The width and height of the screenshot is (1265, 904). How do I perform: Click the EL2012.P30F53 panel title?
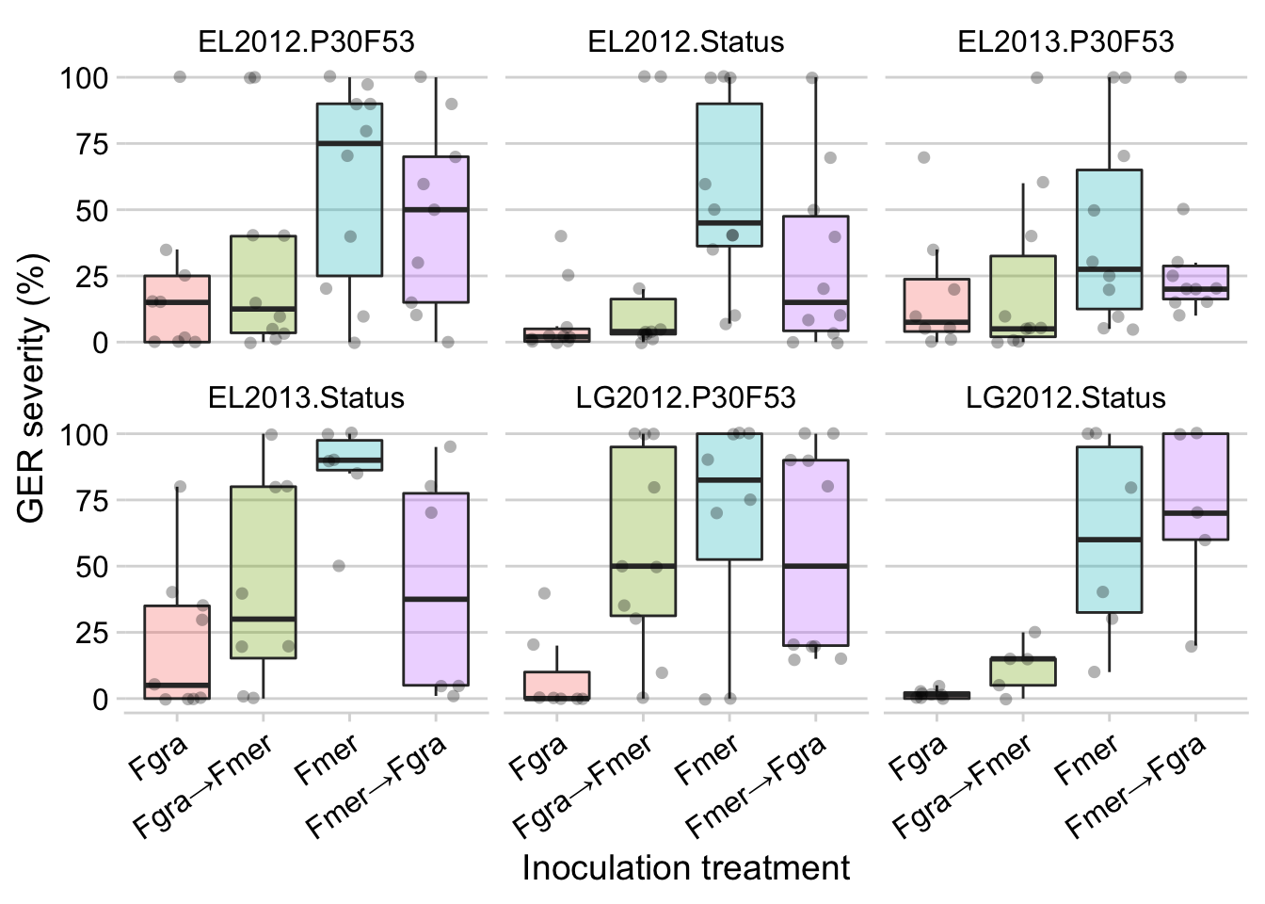pyautogui.click(x=306, y=41)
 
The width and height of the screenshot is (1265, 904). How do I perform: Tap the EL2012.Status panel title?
pyautogui.click(x=686, y=41)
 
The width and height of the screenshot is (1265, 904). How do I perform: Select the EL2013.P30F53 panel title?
pyautogui.click(x=1065, y=41)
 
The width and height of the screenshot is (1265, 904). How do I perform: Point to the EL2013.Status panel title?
pyautogui.click(x=306, y=397)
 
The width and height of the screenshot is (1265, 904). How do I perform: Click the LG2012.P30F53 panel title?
pyautogui.click(x=686, y=397)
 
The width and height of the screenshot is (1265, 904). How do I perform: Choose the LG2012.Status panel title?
pyautogui.click(x=1065, y=397)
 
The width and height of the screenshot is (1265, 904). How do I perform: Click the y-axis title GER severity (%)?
pyautogui.click(x=32, y=389)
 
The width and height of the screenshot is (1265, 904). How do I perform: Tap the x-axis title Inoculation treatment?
pyautogui.click(x=685, y=868)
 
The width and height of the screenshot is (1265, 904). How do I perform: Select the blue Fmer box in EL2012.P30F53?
pyautogui.click(x=349, y=190)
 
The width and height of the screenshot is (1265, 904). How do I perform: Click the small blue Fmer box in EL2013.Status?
pyautogui.click(x=349, y=456)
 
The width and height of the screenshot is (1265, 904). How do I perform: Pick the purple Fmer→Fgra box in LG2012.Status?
pyautogui.click(x=1195, y=487)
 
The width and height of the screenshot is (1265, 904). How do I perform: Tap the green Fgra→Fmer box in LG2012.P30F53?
pyautogui.click(x=643, y=532)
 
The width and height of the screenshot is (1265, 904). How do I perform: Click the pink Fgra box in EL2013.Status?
pyautogui.click(x=177, y=653)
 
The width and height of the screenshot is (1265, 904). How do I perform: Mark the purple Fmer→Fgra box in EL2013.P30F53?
pyautogui.click(x=1195, y=282)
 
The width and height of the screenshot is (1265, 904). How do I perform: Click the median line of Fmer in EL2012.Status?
pyautogui.click(x=729, y=222)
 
